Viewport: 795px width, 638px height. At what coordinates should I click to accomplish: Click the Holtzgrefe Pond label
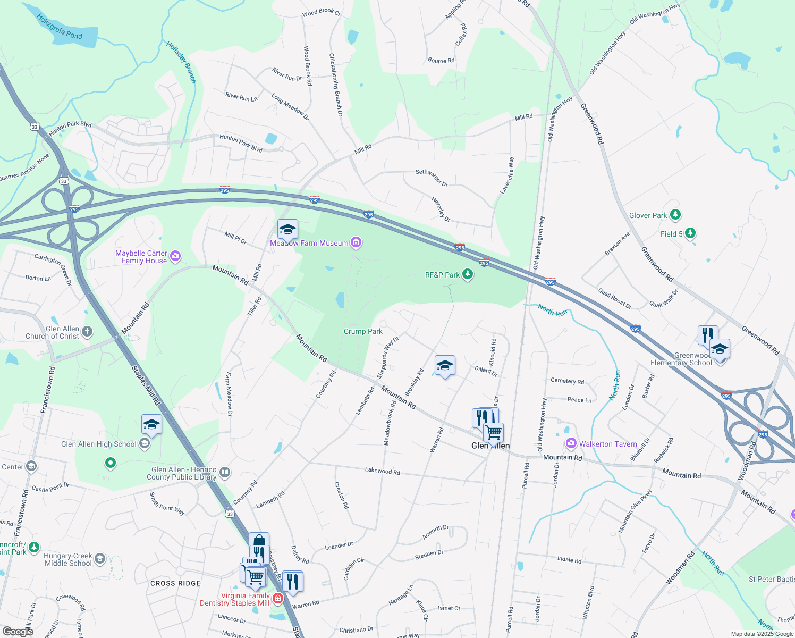pos(60,27)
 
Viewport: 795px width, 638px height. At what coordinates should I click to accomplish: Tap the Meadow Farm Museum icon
pos(356,243)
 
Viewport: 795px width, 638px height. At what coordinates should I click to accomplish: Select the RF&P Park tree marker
pos(468,274)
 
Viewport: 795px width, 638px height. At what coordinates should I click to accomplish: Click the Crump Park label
pos(363,331)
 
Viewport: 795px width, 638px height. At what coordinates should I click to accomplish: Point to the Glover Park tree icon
pos(675,215)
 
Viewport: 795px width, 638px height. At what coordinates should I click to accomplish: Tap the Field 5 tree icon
pos(690,233)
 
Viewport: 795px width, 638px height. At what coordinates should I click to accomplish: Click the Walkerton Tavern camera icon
pos(571,443)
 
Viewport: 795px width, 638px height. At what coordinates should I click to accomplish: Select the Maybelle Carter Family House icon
pos(175,257)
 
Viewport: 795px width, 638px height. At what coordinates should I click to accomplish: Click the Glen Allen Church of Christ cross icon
pos(87,332)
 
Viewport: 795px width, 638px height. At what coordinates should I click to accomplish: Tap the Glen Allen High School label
pos(99,444)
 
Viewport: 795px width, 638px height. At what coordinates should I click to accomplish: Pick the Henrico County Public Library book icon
pos(225,472)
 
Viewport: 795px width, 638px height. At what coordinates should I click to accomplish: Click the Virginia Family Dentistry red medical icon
pos(277,599)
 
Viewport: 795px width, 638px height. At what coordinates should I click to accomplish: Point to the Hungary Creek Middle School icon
pos(100,559)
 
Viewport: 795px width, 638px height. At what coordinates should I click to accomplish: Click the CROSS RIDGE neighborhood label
pos(175,583)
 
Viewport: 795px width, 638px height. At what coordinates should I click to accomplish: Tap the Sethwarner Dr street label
pos(432,178)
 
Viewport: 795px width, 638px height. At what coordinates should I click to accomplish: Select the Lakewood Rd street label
pos(382,471)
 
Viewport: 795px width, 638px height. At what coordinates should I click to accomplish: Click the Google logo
pos(18,631)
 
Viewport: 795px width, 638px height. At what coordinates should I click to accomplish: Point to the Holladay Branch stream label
pos(181,62)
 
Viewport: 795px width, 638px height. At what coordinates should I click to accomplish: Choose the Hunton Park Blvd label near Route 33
pos(70,128)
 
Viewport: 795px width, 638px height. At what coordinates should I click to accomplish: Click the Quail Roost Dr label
pos(615,299)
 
